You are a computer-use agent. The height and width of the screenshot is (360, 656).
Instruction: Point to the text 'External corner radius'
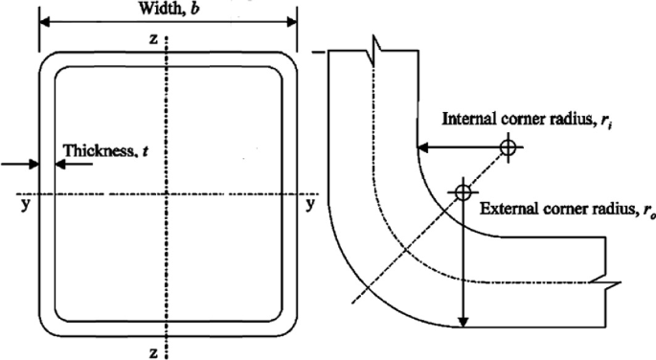click(554, 209)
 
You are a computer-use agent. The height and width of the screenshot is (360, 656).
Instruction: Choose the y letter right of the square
click(309, 203)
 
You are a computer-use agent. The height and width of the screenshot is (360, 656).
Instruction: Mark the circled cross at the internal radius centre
click(507, 147)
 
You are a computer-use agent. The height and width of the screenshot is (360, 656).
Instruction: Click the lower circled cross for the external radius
click(464, 191)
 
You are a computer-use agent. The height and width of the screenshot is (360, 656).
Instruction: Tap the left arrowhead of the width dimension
click(43, 24)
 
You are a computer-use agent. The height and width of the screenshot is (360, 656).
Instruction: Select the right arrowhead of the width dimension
click(293, 24)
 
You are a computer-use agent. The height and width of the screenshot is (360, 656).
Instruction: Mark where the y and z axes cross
click(168, 196)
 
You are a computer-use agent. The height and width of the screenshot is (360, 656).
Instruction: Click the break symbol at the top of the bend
click(378, 46)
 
